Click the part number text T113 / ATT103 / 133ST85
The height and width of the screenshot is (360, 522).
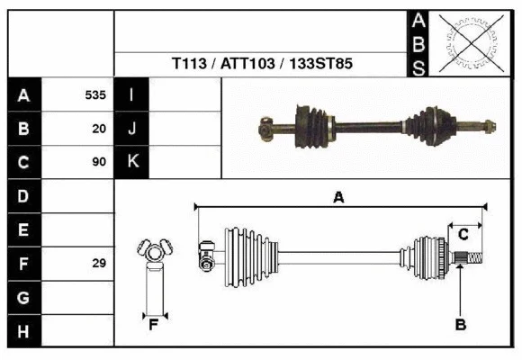point(262,65)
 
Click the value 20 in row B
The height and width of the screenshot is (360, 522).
point(99,129)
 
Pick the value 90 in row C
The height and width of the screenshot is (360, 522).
point(99,162)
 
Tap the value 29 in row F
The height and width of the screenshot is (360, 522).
point(99,264)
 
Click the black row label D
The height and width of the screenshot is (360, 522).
point(23,196)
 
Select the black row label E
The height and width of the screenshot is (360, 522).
point(23,229)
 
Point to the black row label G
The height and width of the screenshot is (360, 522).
point(23,297)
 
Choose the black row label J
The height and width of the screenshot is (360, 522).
point(131,129)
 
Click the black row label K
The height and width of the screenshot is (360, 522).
point(131,162)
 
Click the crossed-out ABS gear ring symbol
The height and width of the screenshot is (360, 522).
point(468,43)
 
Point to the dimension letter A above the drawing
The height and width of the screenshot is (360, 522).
point(338,198)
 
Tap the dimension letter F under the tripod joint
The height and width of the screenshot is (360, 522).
point(154,325)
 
